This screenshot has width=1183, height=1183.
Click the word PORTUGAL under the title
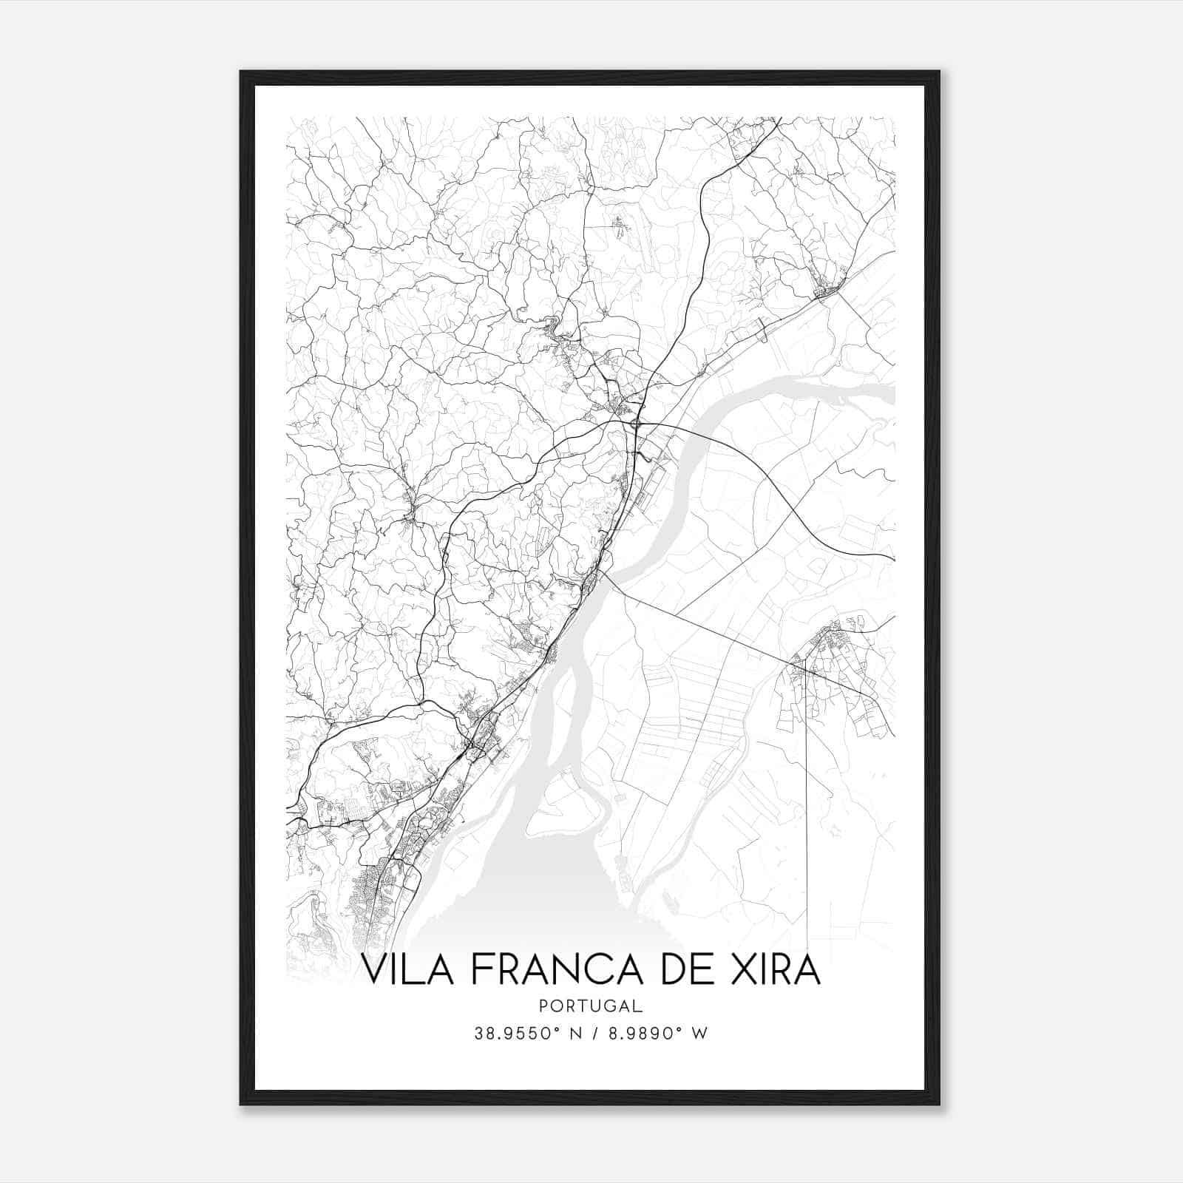(x=591, y=1006)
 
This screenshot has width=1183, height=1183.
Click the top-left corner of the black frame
(x=241, y=72)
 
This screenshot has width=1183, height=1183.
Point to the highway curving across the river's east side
(x=769, y=481)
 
